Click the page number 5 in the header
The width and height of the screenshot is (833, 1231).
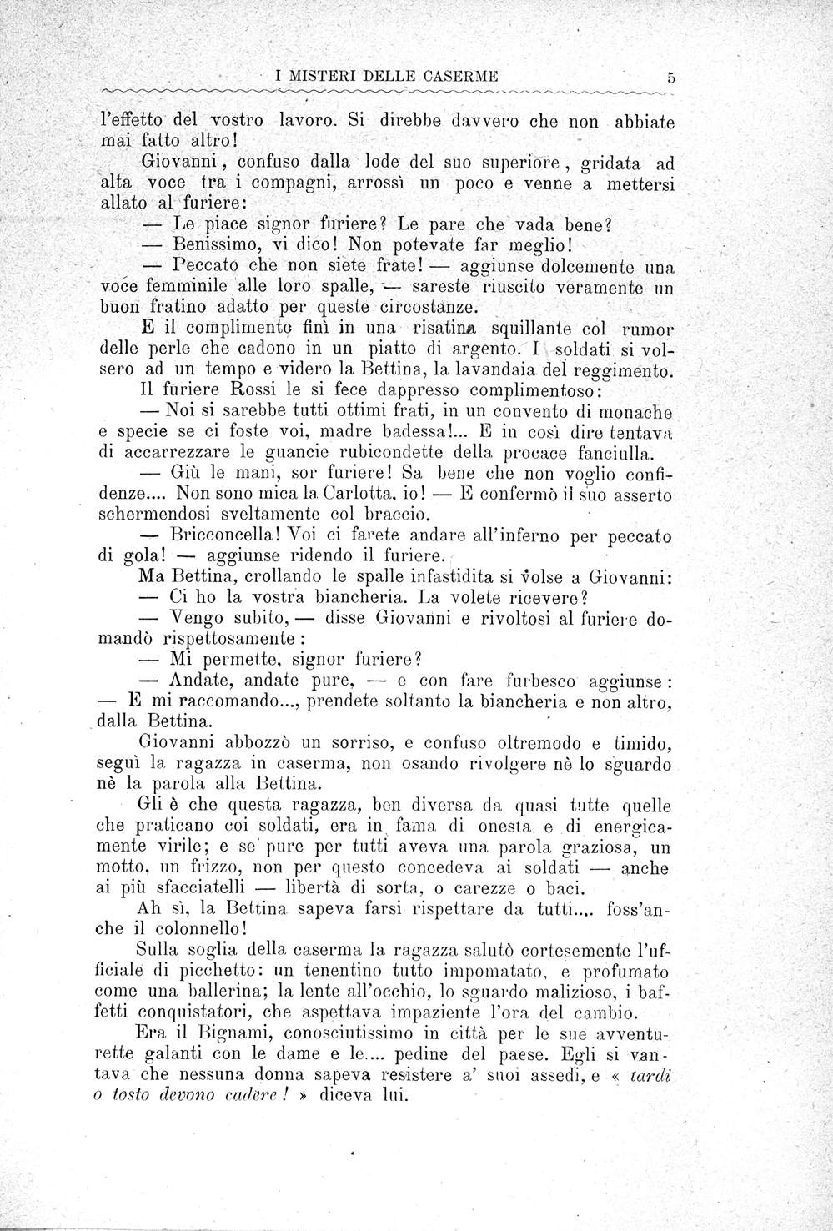[670, 78]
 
